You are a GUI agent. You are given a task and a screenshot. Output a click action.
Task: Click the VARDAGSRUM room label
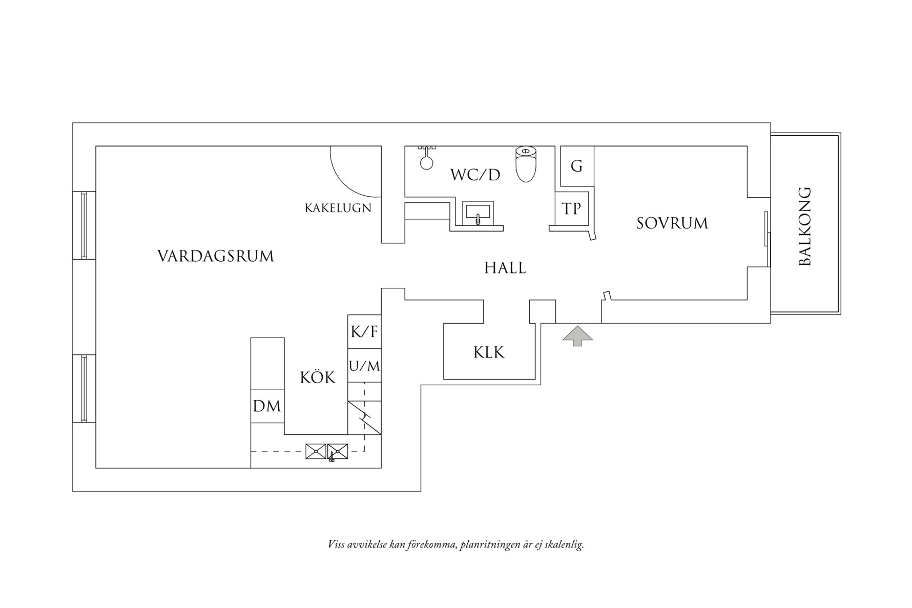(x=215, y=256)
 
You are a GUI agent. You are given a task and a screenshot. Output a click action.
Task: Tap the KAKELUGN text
(x=338, y=208)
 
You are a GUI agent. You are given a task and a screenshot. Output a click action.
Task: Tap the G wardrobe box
(x=577, y=166)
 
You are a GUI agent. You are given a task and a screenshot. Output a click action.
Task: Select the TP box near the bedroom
(x=572, y=208)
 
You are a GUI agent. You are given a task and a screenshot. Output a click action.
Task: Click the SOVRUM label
(x=672, y=223)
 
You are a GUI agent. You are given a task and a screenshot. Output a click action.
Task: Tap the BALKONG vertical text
(x=805, y=226)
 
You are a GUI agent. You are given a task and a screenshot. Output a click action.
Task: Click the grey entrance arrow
(x=577, y=336)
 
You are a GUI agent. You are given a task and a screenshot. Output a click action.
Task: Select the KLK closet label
(x=489, y=352)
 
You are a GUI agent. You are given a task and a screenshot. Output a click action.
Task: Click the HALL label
(x=505, y=268)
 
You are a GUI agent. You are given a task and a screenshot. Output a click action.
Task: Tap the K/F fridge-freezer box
(x=364, y=331)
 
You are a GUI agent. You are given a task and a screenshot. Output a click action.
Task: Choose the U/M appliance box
(x=364, y=366)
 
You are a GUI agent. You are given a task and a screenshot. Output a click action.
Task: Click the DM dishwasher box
(x=267, y=406)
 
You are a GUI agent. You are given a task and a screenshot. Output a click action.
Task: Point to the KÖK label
(x=317, y=378)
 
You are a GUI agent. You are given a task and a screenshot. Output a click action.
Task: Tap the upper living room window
(x=84, y=225)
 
